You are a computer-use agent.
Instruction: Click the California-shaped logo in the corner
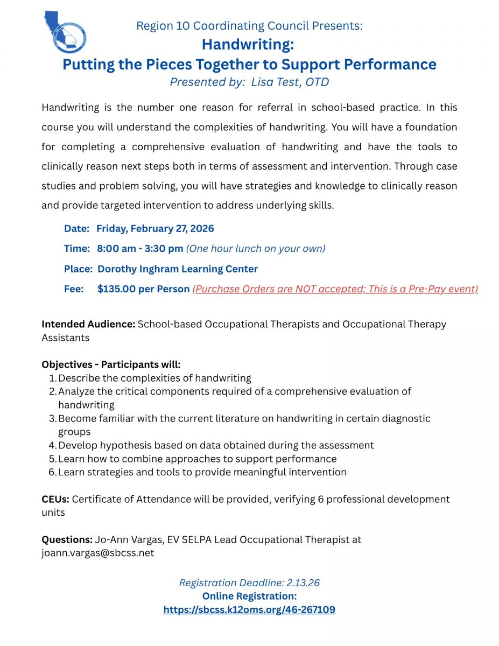point(65,32)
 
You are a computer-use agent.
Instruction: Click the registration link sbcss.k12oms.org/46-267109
point(249,610)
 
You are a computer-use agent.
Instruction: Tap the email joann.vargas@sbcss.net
point(97,553)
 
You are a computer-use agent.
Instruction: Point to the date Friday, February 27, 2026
point(155,228)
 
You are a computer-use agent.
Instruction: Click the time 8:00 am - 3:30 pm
point(140,248)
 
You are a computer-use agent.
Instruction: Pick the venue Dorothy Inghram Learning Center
point(178,269)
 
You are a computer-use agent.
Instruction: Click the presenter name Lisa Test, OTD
point(290,82)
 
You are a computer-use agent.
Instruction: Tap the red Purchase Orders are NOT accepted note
point(335,289)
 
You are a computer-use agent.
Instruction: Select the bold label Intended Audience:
point(88,324)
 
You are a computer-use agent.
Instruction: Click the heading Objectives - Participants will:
point(111,364)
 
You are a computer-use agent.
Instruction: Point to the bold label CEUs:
point(55,499)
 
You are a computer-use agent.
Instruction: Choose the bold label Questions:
point(67,539)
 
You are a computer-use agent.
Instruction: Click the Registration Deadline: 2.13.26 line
point(249,583)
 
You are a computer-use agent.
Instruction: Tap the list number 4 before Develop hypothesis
point(52,445)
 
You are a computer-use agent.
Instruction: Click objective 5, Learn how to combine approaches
point(197,459)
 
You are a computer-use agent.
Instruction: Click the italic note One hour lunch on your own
point(256,248)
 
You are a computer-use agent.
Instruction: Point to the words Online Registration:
point(249,596)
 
